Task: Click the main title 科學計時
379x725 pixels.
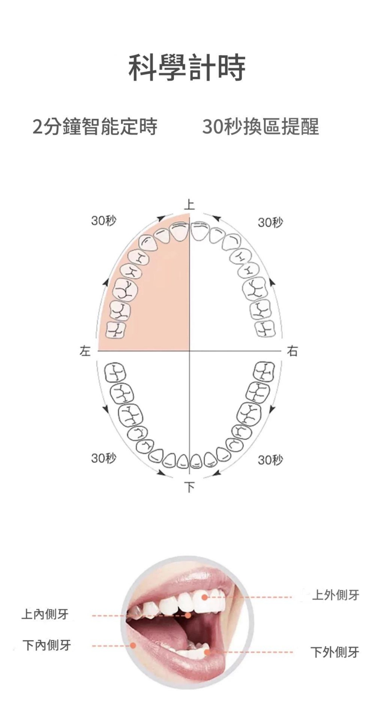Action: click(x=187, y=68)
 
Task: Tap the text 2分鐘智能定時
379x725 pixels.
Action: click(x=95, y=126)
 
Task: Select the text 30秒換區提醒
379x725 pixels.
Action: click(x=261, y=126)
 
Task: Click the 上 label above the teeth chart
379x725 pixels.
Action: click(x=190, y=204)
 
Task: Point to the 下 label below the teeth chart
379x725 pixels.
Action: click(x=190, y=487)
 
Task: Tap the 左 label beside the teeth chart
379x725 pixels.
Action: click(x=85, y=351)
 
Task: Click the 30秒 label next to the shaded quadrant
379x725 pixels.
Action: click(x=104, y=220)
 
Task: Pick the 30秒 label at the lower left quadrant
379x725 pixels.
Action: click(x=104, y=458)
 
